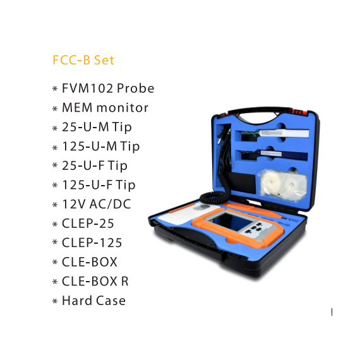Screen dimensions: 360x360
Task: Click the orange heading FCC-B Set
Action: pyautogui.click(x=83, y=60)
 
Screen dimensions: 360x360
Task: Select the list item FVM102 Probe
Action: pyautogui.click(x=108, y=88)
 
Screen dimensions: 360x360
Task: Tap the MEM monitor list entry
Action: pyautogui.click(x=105, y=107)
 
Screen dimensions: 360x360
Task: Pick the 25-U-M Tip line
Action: pyautogui.click(x=97, y=128)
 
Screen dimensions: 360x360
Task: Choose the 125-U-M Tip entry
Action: pyautogui.click(x=101, y=147)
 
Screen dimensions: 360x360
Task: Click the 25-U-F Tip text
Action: pyautogui.click(x=95, y=166)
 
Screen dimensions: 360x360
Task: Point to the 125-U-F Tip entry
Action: pyautogui.click(x=99, y=185)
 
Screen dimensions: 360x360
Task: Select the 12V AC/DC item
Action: pyautogui.click(x=97, y=204)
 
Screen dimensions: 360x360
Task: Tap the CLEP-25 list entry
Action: pyautogui.click(x=88, y=224)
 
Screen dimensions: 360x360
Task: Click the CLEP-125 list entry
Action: pyautogui.click(x=92, y=243)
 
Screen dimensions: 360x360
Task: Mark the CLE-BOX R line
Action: pyautogui.click(x=95, y=281)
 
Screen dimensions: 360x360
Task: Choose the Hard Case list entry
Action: pyautogui.click(x=94, y=301)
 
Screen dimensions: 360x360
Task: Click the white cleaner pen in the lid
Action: pyautogui.click(x=273, y=134)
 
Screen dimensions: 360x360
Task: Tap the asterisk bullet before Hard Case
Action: pyautogui.click(x=55, y=301)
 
